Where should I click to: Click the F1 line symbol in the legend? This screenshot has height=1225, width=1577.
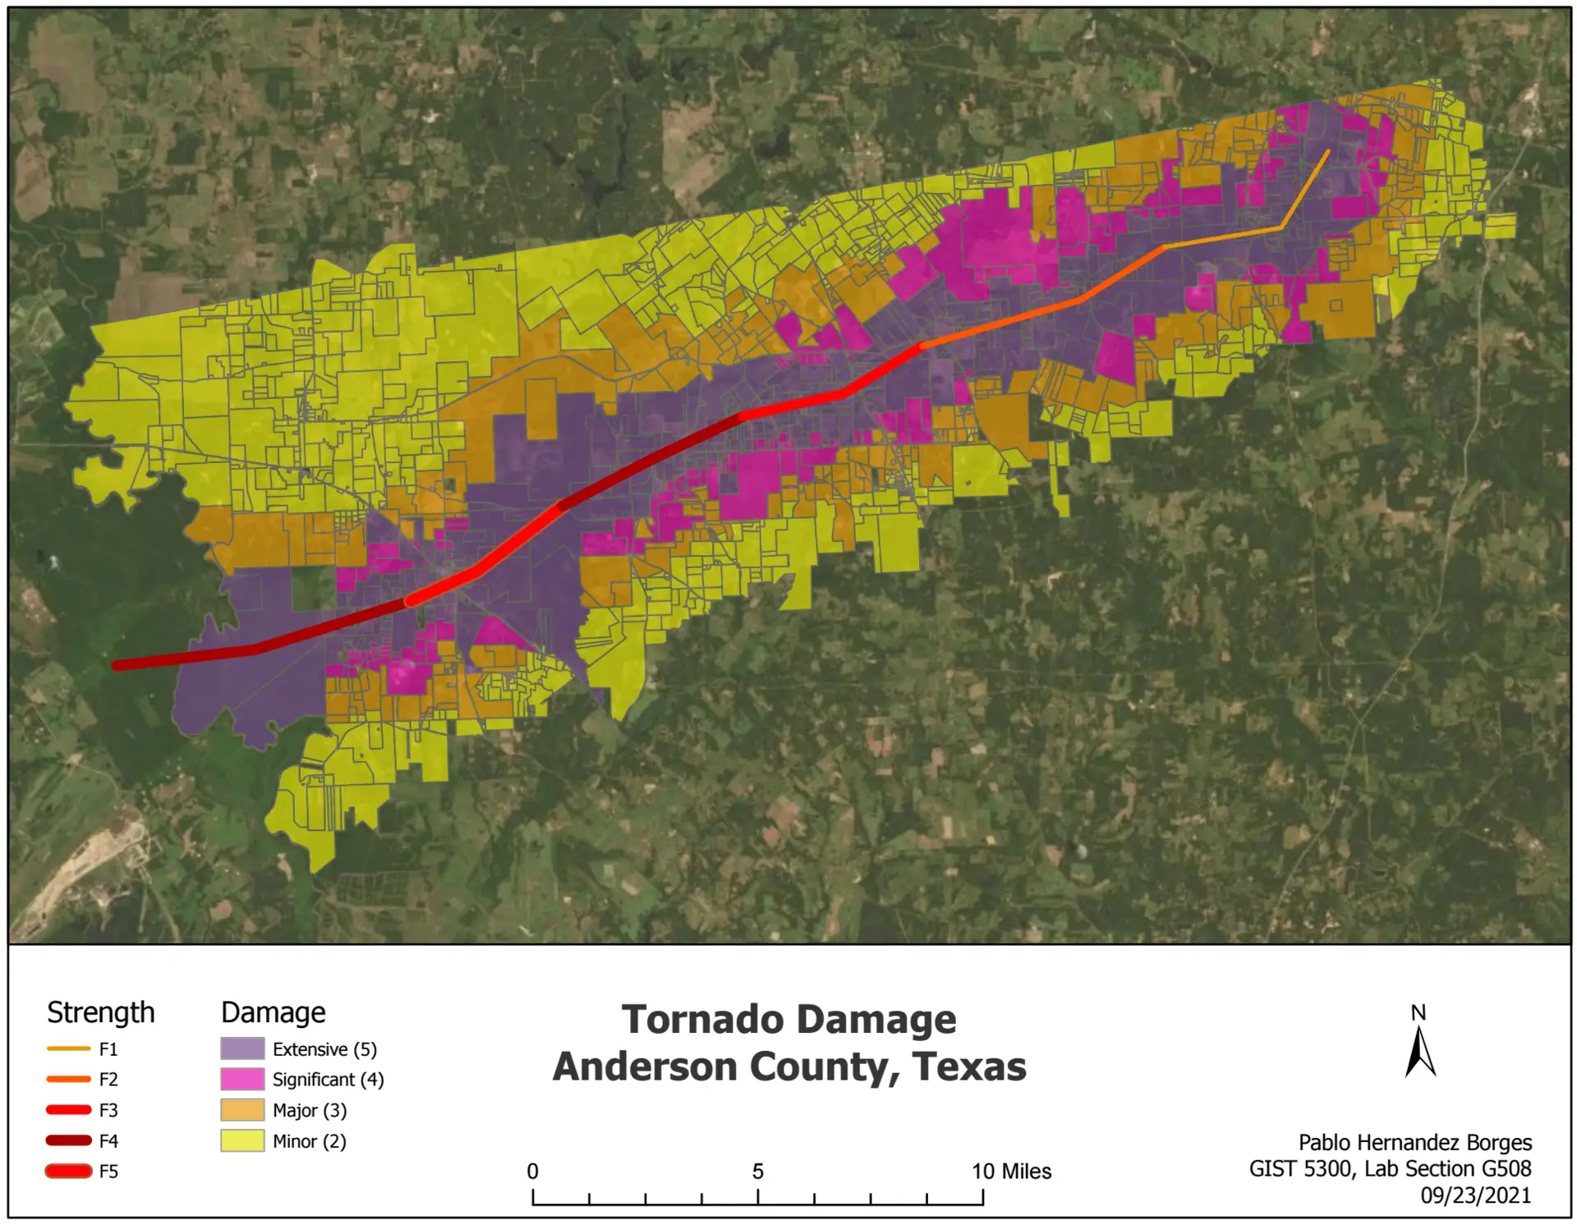tap(69, 1048)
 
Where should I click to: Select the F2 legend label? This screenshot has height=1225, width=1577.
tap(108, 1079)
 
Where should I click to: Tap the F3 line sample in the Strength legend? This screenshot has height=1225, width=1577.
tap(69, 1110)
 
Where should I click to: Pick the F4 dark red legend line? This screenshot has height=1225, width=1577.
tap(69, 1140)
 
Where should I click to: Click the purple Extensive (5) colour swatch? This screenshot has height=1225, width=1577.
tap(242, 1048)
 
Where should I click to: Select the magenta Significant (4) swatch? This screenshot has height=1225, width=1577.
tap(242, 1079)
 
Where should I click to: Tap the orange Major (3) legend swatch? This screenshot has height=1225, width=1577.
tap(242, 1110)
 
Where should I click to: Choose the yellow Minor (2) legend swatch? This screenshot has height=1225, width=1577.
tap(242, 1140)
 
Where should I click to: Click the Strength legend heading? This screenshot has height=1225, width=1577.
tap(100, 1012)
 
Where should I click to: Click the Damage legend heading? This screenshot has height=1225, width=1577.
tap(273, 1012)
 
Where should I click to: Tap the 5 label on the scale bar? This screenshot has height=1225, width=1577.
tap(757, 1172)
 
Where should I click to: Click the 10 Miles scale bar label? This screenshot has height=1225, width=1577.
tap(1011, 1172)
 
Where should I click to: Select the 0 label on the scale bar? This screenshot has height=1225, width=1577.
tap(532, 1172)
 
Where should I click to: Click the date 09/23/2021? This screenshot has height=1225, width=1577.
tap(1475, 1195)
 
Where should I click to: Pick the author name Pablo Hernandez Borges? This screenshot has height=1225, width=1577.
tap(1414, 1142)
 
